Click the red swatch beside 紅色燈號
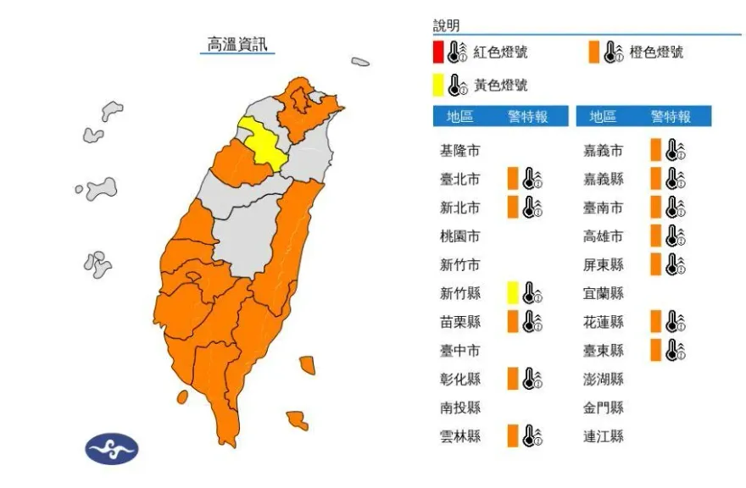pos(437,52)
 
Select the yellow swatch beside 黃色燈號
pos(437,85)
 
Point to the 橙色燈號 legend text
pos(655,53)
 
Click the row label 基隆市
pos(459,151)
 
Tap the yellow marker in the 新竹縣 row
pos(512,293)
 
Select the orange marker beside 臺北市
pos(512,179)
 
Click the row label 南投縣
pos(459,408)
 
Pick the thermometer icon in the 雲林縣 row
pos(532,436)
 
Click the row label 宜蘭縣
pos(603,293)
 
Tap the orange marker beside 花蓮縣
pos(655,322)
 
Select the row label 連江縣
pos(603,436)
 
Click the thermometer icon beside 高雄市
pos(675,236)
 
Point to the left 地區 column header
pos(459,117)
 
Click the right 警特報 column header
pos(671,117)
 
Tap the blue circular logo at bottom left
pos(111,448)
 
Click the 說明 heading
pos(446,26)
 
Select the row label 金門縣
pos(603,408)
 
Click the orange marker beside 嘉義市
pos(655,151)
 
